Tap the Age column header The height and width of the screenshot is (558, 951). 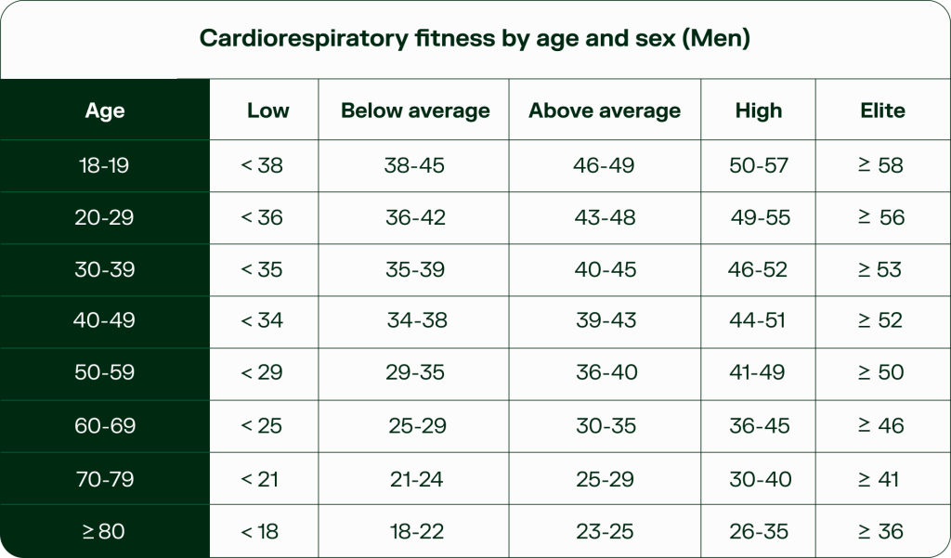[104, 110]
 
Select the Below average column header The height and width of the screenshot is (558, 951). [415, 110]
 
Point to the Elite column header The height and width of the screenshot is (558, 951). [882, 110]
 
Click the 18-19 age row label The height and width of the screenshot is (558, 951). [104, 165]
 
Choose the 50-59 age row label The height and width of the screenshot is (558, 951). [104, 372]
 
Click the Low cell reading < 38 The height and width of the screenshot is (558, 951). [262, 165]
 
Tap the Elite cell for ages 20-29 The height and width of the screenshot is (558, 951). [880, 217]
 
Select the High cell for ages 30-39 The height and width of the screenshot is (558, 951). [758, 269]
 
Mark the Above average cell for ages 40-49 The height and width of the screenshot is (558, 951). [606, 320]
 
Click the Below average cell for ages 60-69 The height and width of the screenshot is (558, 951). [417, 426]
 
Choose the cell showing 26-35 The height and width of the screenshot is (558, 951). [759, 532]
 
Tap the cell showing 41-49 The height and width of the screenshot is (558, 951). [758, 372]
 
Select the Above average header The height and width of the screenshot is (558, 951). [605, 110]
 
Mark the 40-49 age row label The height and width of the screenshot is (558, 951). [104, 320]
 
